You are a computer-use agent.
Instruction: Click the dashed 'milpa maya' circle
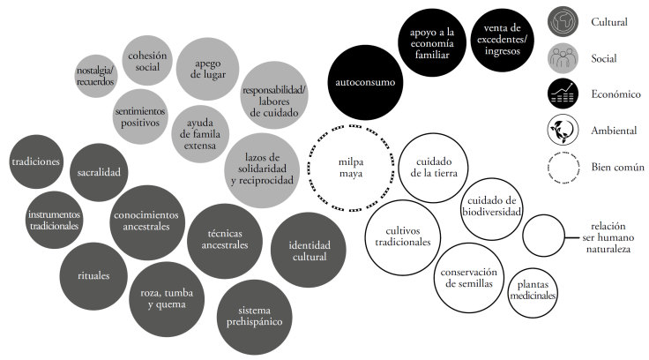[x=351, y=167]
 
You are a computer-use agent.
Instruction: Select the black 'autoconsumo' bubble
[x=365, y=82]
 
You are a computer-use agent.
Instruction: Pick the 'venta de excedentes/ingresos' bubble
[x=501, y=40]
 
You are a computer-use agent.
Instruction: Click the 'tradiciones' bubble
[x=36, y=161]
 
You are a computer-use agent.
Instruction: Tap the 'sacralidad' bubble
[x=98, y=171]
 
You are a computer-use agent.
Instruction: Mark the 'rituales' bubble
[x=93, y=275]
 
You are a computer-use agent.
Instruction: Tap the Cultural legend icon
[x=561, y=22]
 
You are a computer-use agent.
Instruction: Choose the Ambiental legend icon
[x=561, y=131]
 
